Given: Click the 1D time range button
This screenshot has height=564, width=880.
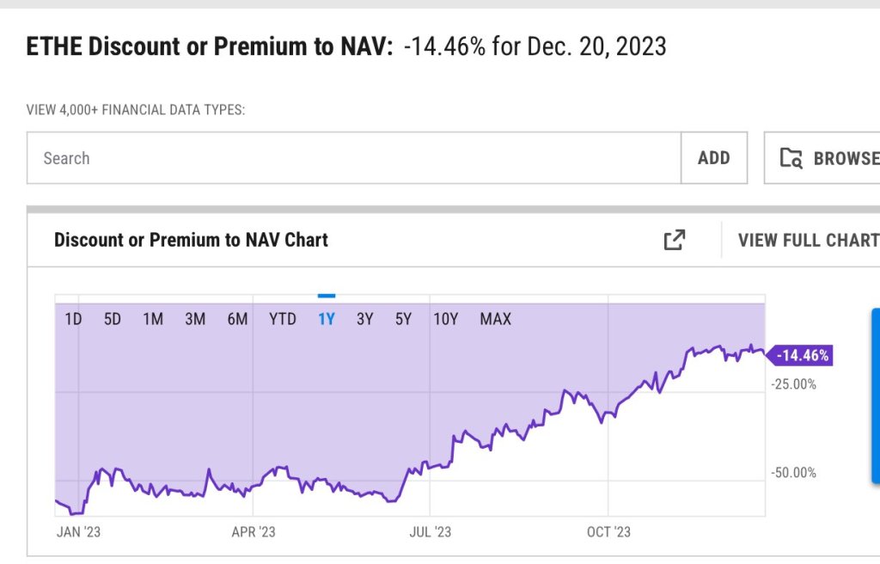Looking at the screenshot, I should tap(73, 320).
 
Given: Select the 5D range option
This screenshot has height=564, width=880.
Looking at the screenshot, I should tap(113, 320).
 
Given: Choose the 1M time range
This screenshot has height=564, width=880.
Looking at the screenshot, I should tap(153, 320).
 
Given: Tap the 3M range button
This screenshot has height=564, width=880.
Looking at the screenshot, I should tap(195, 320).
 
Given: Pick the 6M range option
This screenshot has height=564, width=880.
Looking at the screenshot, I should tap(237, 320).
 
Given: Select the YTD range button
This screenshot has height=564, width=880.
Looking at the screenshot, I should tap(283, 320).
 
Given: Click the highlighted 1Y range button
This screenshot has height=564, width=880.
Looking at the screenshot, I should tap(327, 320).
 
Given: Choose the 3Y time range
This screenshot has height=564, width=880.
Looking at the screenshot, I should tap(365, 320).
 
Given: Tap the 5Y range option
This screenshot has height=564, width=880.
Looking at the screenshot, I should tap(404, 320).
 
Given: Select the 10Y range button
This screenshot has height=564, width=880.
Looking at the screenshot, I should tap(446, 320).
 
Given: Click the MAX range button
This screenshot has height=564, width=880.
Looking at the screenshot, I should tap(495, 320).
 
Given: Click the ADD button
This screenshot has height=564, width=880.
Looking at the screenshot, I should tap(714, 158).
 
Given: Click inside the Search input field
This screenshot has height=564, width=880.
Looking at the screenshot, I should tap(352, 158).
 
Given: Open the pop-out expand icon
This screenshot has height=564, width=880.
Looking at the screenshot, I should tap(675, 240).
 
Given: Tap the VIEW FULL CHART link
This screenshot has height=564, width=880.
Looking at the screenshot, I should tap(808, 240).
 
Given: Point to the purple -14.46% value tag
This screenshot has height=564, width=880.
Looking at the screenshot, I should tap(802, 355).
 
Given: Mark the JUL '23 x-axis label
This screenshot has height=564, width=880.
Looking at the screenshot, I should tap(431, 532).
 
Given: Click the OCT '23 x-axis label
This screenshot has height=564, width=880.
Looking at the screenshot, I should tap(608, 532).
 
